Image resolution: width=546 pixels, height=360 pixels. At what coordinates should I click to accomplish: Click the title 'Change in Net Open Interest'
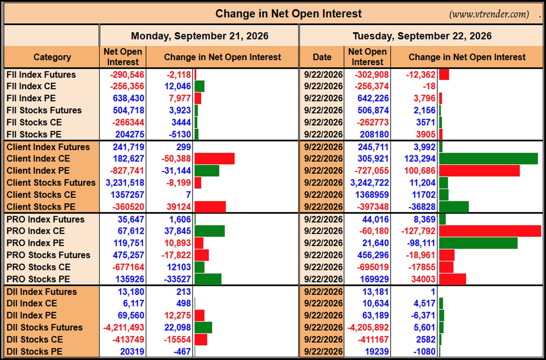tap(288, 14)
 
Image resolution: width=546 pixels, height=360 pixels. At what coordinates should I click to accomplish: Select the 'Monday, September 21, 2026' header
tap(200, 36)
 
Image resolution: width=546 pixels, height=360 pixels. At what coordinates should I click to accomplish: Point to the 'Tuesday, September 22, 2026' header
tap(422, 36)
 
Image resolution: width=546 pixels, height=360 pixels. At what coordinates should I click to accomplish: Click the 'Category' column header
tap(52, 57)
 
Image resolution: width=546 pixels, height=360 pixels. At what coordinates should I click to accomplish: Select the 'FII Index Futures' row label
tap(41, 75)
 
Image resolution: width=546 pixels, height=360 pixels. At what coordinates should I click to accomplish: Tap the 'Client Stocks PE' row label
tap(41, 207)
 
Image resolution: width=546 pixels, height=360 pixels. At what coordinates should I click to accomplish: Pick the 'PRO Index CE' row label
tap(36, 231)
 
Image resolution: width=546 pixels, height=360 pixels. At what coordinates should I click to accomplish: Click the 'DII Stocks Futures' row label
tap(44, 327)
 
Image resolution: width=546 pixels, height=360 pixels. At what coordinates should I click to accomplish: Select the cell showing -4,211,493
tap(124, 328)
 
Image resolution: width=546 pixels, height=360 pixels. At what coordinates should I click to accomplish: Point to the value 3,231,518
tap(125, 183)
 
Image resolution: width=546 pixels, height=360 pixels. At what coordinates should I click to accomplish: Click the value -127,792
tap(418, 231)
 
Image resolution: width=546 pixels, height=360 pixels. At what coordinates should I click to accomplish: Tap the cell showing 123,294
tap(420, 159)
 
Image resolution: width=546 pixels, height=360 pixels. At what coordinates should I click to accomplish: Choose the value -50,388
tap(176, 159)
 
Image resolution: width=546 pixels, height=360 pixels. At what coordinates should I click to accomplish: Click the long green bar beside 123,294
tap(488, 159)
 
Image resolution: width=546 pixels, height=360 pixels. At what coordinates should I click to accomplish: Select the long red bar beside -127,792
tap(490, 231)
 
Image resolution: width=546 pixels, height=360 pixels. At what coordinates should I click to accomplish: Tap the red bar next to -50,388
tap(215, 159)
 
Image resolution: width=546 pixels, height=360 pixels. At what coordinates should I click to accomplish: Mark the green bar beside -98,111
tap(478, 243)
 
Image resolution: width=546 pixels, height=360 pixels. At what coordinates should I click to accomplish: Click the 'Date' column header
tap(322, 57)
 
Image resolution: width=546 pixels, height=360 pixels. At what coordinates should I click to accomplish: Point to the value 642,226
tap(373, 98)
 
